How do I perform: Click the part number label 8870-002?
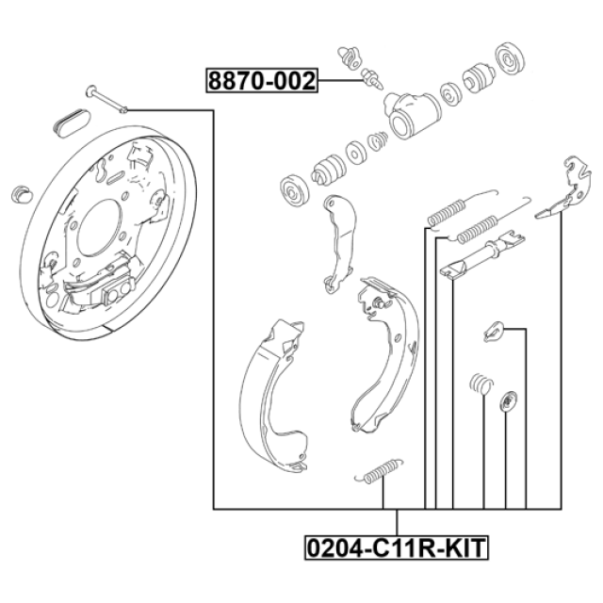tap(262, 80)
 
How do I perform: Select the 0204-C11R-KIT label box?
tap(397, 547)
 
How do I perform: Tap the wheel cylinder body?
tap(411, 115)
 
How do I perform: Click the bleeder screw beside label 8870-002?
tap(372, 78)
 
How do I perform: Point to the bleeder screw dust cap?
tap(350, 57)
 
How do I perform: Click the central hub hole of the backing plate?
tap(97, 227)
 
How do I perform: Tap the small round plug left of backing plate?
tap(22, 194)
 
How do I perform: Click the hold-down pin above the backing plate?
tap(106, 99)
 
